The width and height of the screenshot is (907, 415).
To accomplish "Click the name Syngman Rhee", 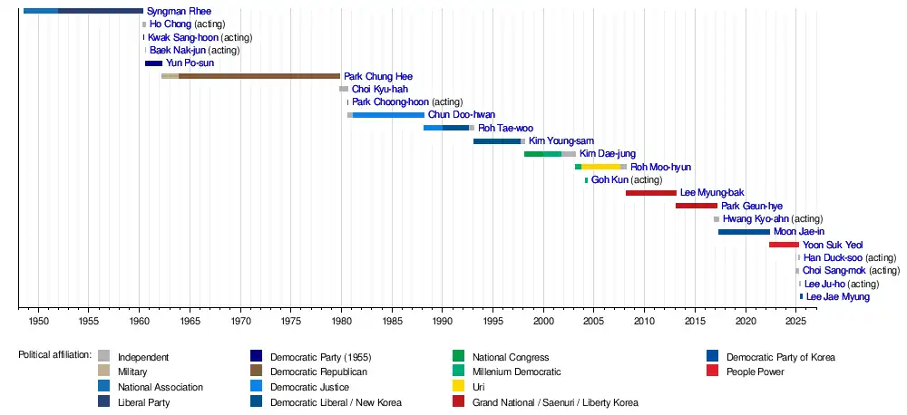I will [172, 11].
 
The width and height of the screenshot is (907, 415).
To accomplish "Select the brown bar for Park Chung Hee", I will [258, 76].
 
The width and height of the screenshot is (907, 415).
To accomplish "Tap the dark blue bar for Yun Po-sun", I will [153, 63].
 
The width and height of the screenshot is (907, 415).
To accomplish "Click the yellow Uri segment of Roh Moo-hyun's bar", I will [600, 167].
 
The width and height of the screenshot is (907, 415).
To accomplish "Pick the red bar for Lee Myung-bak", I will [650, 193].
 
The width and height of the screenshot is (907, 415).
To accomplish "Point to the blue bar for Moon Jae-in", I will [744, 232].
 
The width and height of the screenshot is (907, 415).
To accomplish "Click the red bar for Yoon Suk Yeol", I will [784, 245].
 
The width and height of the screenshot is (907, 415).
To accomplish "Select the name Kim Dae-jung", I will [607, 154].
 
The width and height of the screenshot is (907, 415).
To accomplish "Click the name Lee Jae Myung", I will [837, 297].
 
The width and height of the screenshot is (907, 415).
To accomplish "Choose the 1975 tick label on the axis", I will [290, 321].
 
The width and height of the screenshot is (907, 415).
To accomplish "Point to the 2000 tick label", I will [542, 321].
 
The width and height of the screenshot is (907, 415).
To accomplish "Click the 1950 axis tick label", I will [38, 321].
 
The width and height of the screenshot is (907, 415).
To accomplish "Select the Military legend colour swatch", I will [104, 372].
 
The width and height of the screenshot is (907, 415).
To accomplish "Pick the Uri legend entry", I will [479, 387].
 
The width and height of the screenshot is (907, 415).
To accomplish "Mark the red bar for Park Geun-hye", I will [696, 206].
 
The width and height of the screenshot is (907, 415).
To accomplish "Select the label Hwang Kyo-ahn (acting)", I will [773, 219].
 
